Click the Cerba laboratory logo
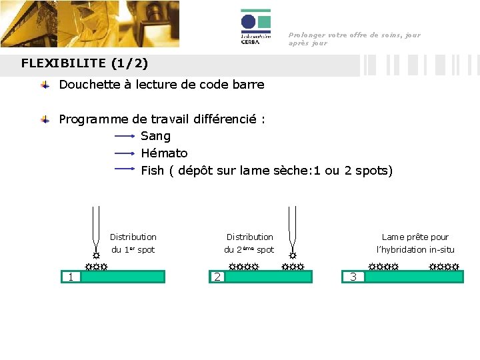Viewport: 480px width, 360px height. [x=255, y=27]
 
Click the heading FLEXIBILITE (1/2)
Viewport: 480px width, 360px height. [x=85, y=64]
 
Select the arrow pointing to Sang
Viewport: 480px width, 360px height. [x=125, y=136]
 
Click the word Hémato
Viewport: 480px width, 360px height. [x=164, y=153]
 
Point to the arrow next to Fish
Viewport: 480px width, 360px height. [x=125, y=169]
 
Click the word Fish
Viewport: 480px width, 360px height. [x=152, y=171]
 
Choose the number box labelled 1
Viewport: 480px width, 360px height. [x=70, y=277]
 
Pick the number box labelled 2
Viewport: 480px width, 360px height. [x=217, y=277]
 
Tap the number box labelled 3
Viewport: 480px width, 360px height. [x=354, y=277]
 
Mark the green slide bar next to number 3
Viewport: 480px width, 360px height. [x=414, y=277]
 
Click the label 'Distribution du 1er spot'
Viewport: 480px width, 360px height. [x=133, y=243]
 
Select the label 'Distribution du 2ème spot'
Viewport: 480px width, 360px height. [x=249, y=243]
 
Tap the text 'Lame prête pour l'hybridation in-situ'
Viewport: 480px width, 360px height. [x=415, y=243]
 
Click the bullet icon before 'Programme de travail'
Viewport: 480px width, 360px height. [x=45, y=120]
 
